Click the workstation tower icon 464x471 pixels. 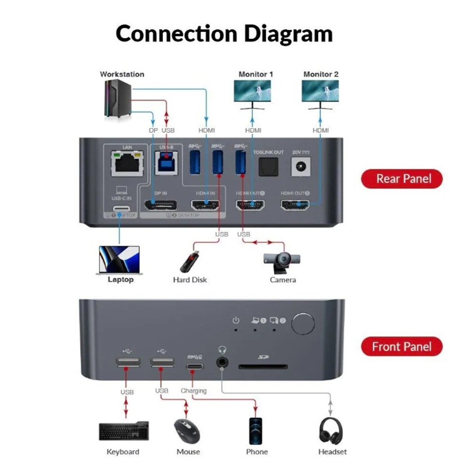(118, 98)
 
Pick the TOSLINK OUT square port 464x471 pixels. (269, 166)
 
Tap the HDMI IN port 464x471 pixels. (205, 205)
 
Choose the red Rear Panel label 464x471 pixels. (402, 179)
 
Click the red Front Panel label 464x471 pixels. (402, 347)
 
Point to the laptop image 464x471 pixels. (119, 260)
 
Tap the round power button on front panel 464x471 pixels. (302, 324)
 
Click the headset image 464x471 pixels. (331, 430)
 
